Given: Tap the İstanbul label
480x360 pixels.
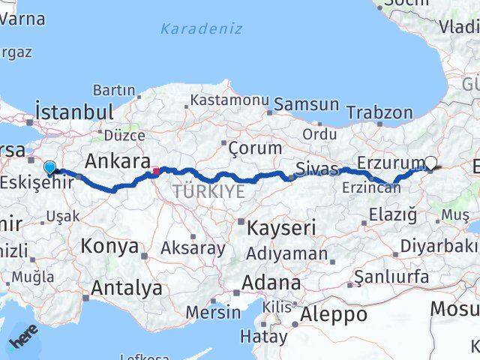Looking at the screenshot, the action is [74, 112].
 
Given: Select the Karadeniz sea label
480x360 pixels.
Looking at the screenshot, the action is [201, 29].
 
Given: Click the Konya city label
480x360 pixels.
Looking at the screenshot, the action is [109, 246].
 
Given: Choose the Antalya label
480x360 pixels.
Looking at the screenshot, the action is [126, 287].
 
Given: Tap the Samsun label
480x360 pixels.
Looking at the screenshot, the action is [306, 104].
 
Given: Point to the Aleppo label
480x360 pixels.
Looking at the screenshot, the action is [334, 314].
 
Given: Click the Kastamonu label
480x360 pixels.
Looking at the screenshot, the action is [229, 99].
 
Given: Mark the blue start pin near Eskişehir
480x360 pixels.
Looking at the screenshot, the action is [50, 148].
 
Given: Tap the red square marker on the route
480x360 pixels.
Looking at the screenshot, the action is [155, 171].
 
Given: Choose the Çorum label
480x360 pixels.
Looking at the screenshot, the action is [255, 148].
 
